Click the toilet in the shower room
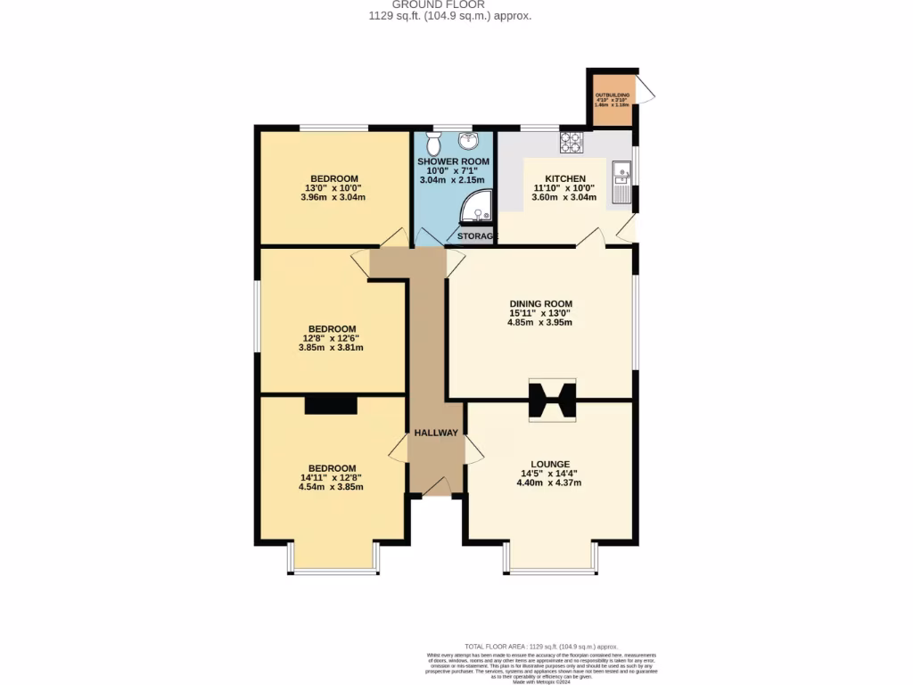pyautogui.click(x=433, y=144)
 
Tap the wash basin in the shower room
pyautogui.click(x=469, y=140)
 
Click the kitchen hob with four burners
pyautogui.click(x=571, y=141)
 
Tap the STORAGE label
pyautogui.click(x=477, y=236)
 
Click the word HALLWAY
pyautogui.click(x=436, y=433)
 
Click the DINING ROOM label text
pyautogui.click(x=540, y=304)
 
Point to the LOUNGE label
pyautogui.click(x=549, y=464)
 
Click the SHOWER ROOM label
pyautogui.click(x=454, y=161)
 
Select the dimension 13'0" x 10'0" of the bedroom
pyautogui.click(x=334, y=188)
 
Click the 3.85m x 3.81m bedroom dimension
pyautogui.click(x=331, y=348)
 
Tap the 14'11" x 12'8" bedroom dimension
pyautogui.click(x=332, y=478)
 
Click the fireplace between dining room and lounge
pyautogui.click(x=552, y=400)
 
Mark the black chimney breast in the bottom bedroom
pyautogui.click(x=331, y=406)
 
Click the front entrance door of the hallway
pyautogui.click(x=436, y=487)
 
